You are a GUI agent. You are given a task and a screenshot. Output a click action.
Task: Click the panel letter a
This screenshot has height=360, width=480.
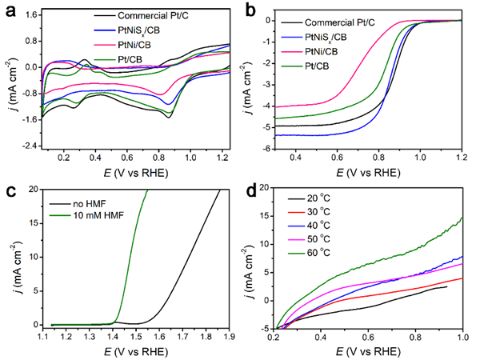pos(10,10)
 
